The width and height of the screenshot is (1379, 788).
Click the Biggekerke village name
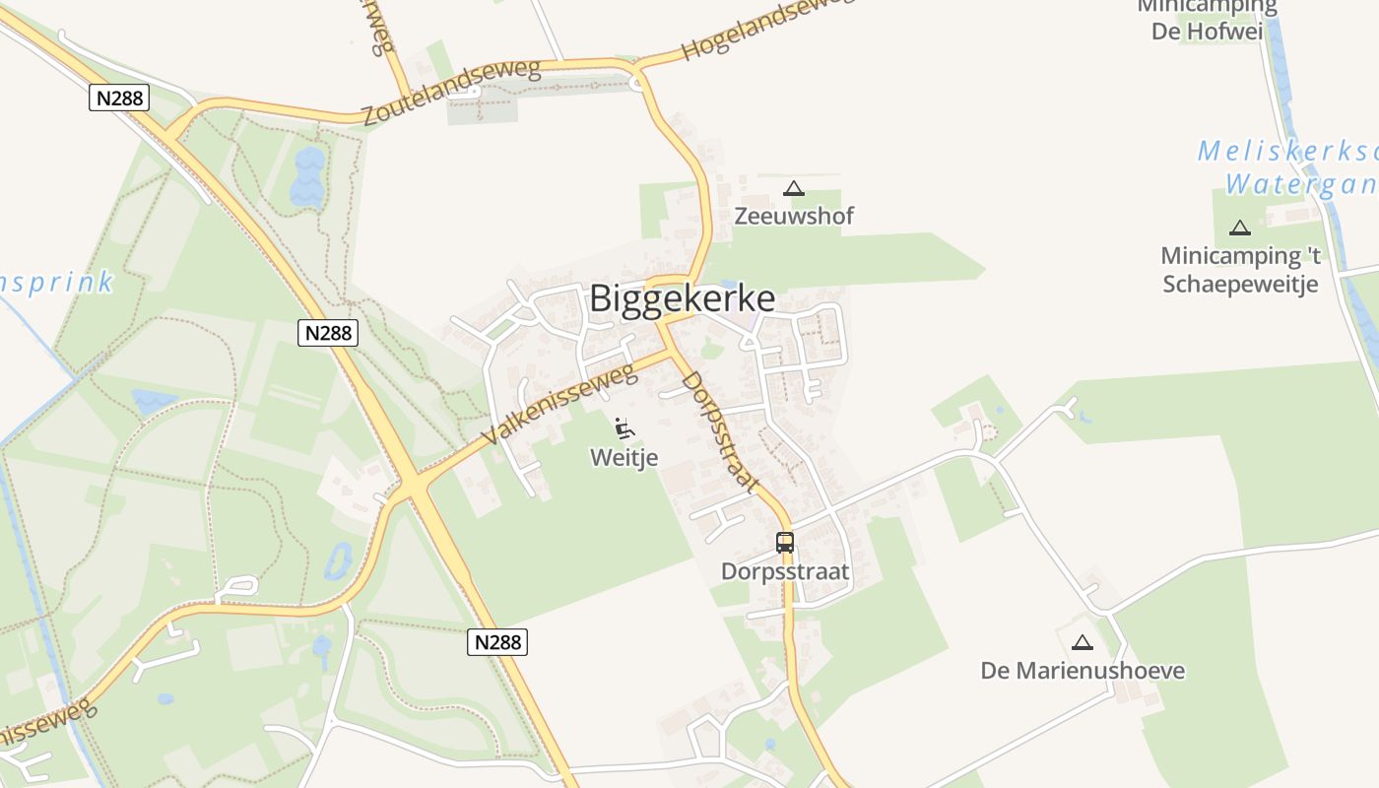(682, 298)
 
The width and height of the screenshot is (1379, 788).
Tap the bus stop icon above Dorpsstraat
(785, 542)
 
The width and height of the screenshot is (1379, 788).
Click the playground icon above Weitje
(624, 428)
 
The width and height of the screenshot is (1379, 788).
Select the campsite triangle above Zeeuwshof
(794, 188)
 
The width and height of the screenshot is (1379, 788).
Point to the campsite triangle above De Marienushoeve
(1083, 643)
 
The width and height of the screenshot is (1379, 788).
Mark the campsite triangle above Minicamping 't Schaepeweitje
(1240, 229)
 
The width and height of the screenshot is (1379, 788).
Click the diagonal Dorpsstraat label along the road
(721, 430)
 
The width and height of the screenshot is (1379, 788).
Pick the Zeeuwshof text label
(794, 216)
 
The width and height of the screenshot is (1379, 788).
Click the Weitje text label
(624, 457)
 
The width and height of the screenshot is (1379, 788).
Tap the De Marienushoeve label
(1083, 671)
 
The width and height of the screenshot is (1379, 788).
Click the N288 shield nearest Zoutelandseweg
(119, 98)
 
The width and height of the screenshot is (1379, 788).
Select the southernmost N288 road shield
(496, 642)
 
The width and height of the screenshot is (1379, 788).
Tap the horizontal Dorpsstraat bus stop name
(785, 571)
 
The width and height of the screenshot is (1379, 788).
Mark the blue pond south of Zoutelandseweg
(307, 176)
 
